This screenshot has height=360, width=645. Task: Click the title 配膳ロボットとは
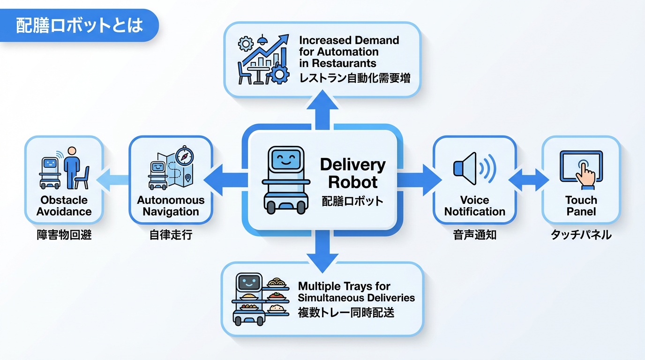point(80,25)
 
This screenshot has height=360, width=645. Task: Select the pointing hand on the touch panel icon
point(585,174)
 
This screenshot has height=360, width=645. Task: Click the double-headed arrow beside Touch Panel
point(529,180)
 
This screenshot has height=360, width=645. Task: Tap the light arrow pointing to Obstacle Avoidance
point(113,180)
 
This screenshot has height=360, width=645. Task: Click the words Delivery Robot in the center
point(352,173)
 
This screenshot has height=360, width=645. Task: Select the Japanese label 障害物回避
point(64,235)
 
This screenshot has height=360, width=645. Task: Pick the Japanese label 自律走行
point(171,235)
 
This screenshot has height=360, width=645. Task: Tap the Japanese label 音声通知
point(474,235)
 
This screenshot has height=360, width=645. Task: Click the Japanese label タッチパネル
point(581,235)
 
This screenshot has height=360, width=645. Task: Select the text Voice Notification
point(474,206)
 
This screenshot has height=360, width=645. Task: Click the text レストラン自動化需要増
point(354,77)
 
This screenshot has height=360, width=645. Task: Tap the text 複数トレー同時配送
point(346,312)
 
